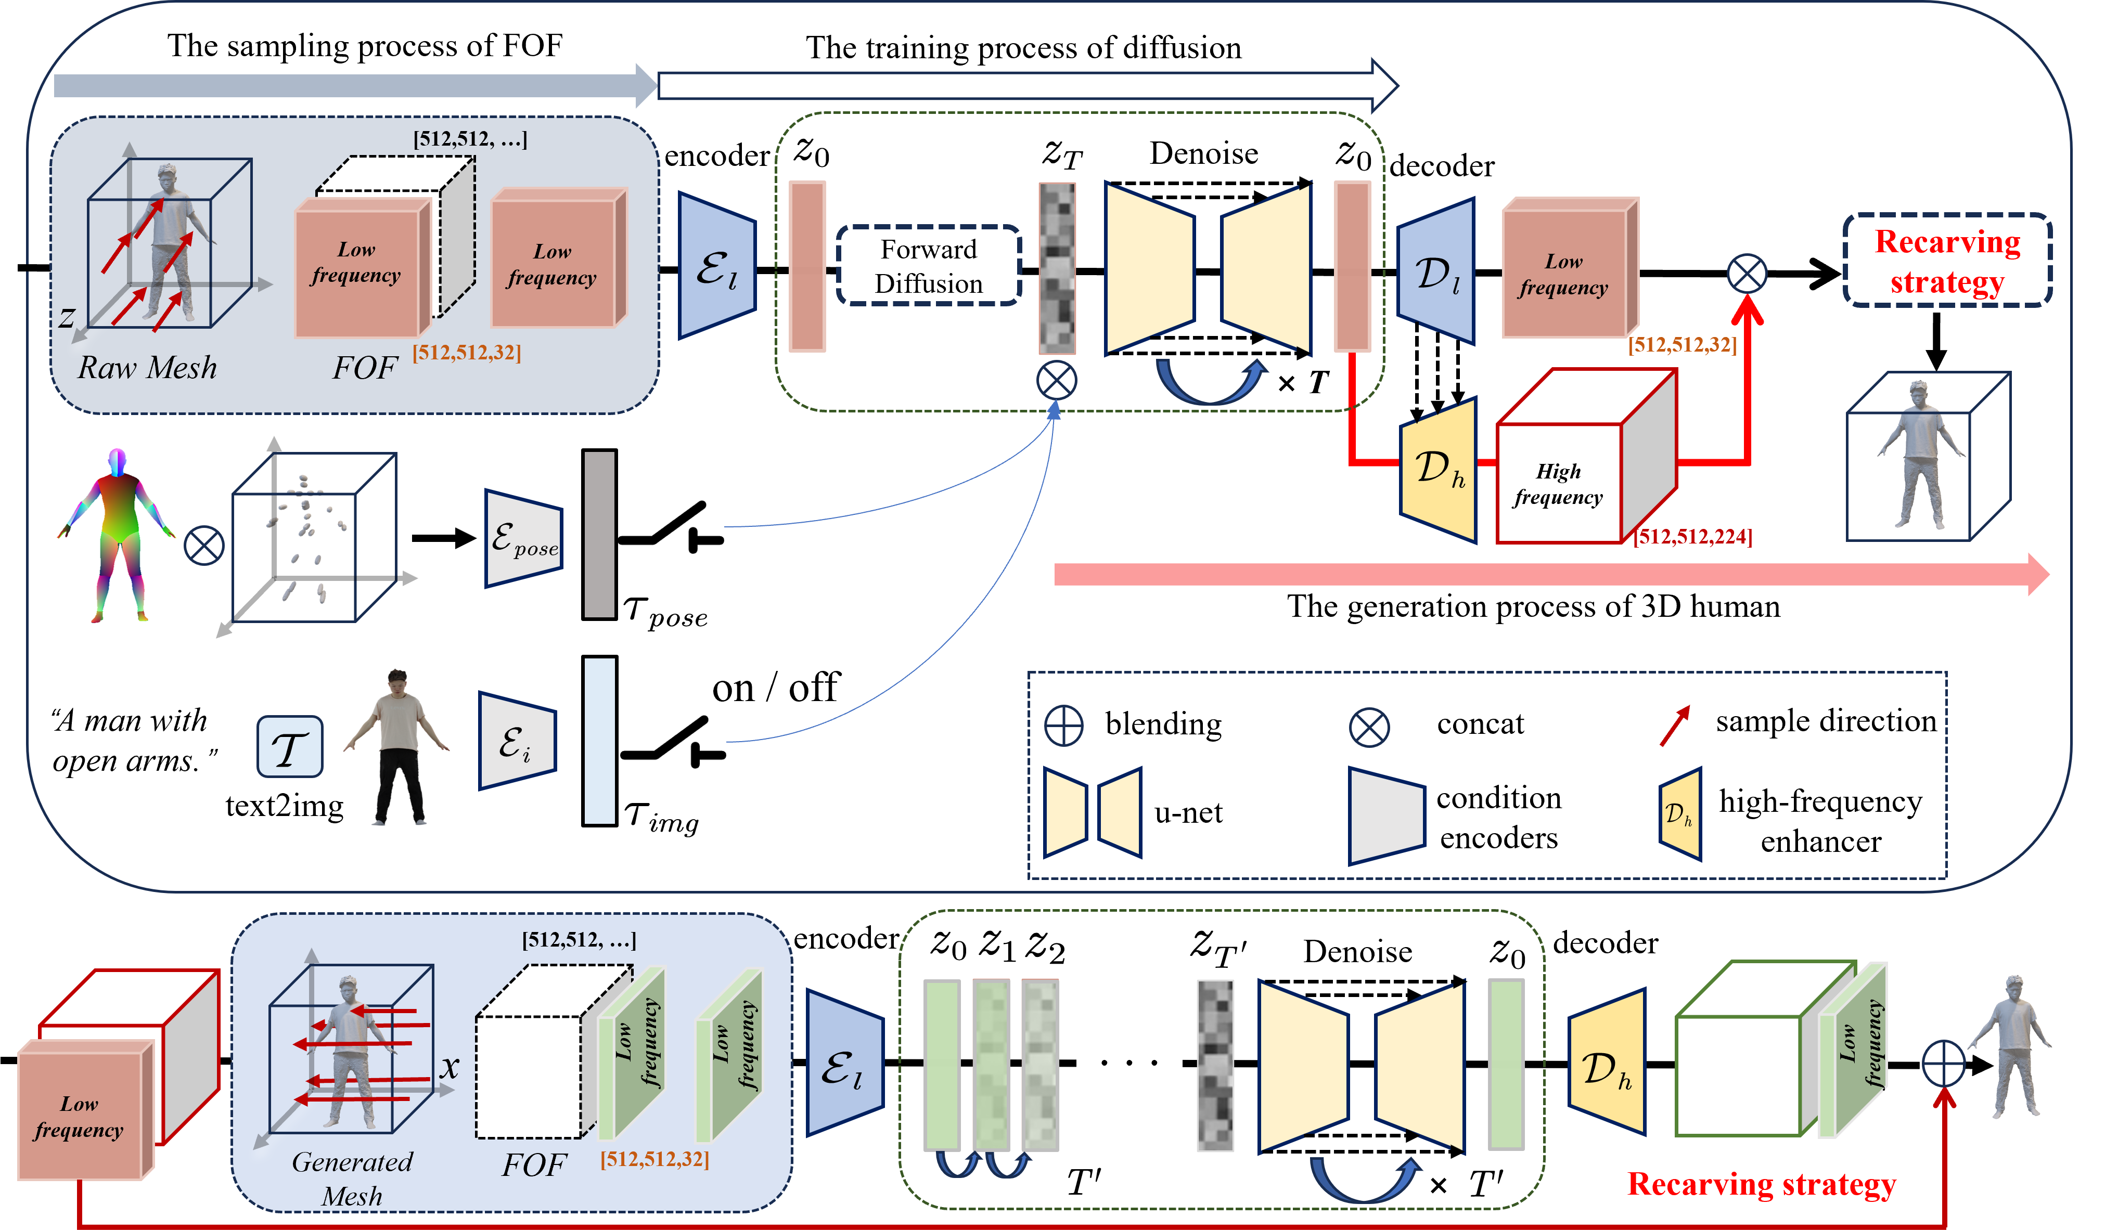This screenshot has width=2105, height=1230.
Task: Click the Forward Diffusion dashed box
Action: [928, 266]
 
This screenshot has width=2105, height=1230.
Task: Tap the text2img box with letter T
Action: [289, 746]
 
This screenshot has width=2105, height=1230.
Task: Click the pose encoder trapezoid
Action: [524, 539]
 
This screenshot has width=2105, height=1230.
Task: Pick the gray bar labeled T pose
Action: [599, 535]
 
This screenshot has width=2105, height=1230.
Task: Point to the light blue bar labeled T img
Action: [599, 741]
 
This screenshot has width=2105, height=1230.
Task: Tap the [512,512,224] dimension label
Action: [1692, 537]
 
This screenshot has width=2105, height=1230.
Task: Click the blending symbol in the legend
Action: [1063, 725]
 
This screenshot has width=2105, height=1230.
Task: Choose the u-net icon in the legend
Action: [1092, 812]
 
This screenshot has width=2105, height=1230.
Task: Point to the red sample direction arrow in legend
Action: [1674, 725]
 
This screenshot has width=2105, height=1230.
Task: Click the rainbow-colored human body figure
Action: [117, 535]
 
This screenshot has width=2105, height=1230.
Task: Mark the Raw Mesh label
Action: [147, 367]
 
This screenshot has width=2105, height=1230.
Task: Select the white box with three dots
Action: [1128, 1061]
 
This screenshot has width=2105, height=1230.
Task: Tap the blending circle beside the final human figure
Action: [1943, 1064]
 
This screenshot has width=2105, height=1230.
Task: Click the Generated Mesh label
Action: [352, 1178]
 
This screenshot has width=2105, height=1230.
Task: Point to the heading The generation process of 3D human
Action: [1533, 606]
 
